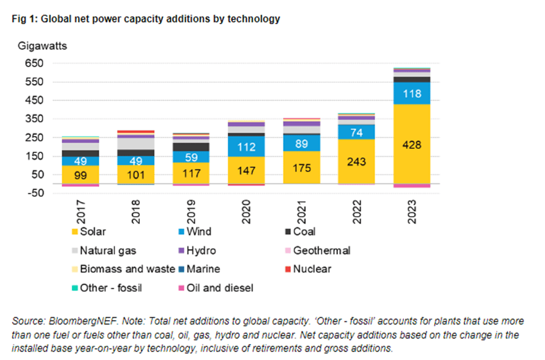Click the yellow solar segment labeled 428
(412, 145)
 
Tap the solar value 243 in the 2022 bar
(357, 162)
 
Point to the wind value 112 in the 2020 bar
(246, 146)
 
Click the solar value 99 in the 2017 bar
(81, 175)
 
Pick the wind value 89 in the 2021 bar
(302, 143)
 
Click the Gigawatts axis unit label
(41, 46)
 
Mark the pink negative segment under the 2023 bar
(412, 186)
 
